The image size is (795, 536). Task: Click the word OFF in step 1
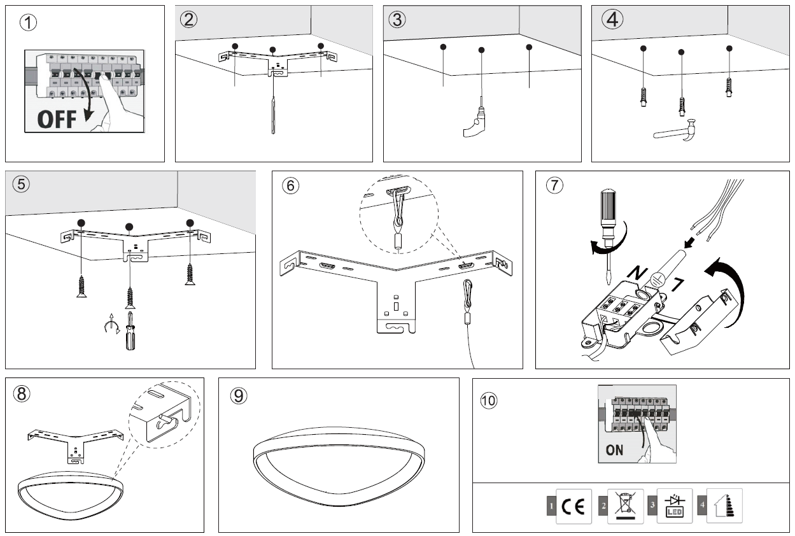point(56,119)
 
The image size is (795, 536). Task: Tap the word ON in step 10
point(614,450)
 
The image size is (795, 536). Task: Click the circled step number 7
point(555,185)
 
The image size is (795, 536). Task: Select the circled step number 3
point(397,19)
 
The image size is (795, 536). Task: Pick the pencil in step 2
point(273,115)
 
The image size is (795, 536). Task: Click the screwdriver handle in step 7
point(607,210)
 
